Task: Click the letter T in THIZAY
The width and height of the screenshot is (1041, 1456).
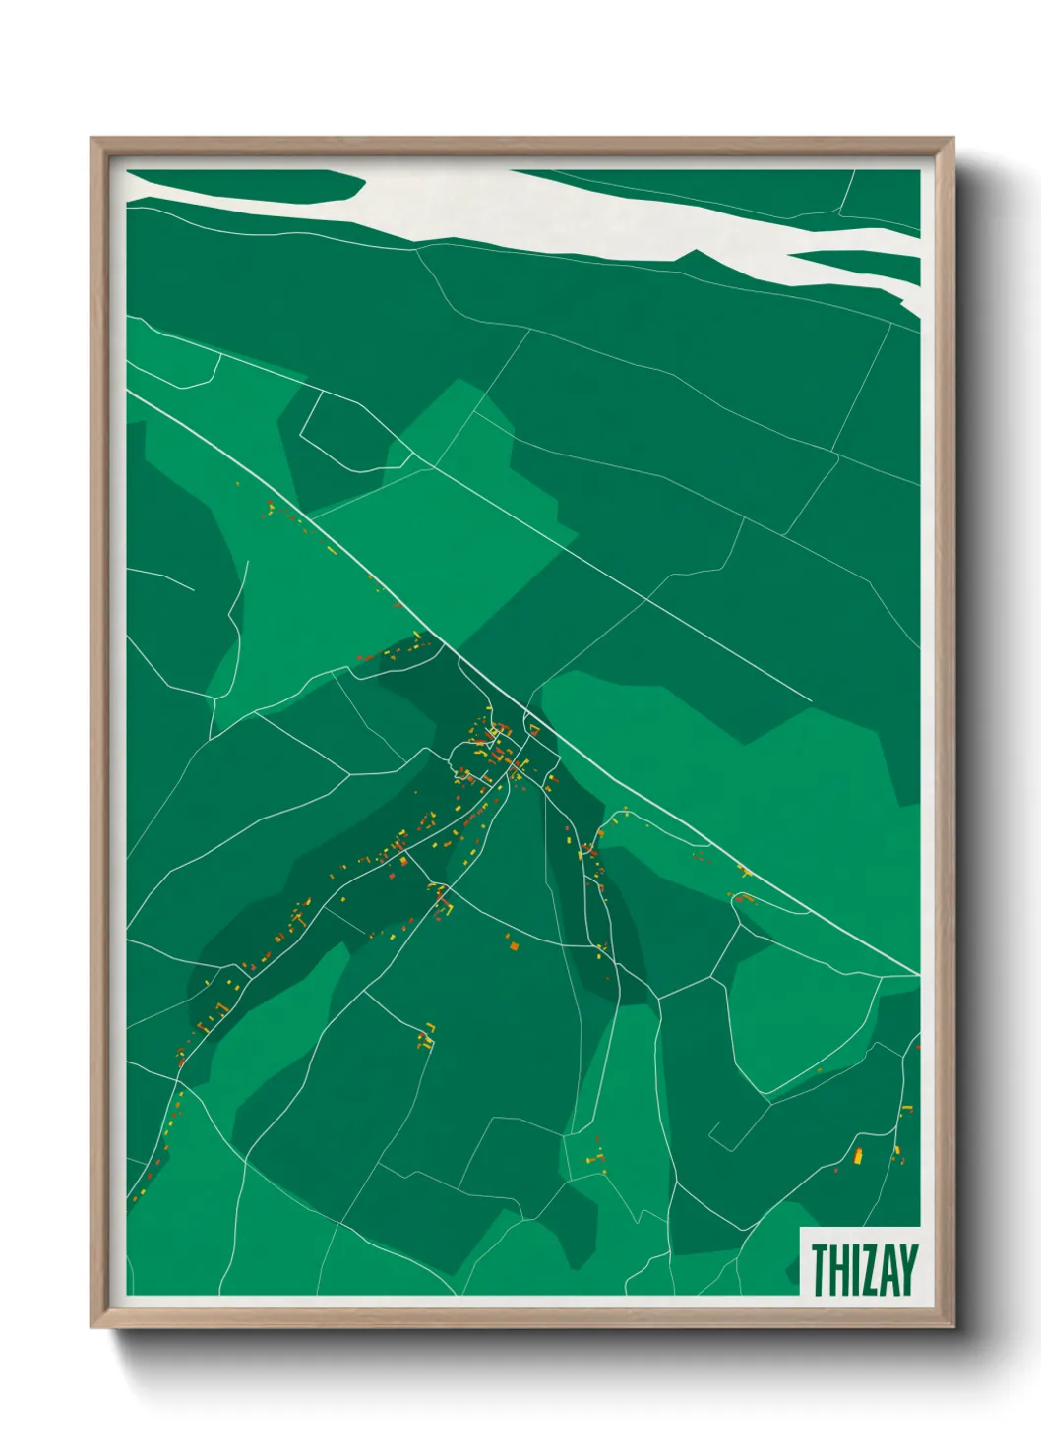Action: (x=819, y=1270)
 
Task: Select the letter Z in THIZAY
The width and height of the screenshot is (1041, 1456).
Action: (x=870, y=1270)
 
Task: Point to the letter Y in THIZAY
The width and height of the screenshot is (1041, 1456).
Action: (x=907, y=1270)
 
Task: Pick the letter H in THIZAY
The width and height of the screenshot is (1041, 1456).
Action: (x=838, y=1270)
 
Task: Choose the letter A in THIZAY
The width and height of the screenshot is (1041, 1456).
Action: (x=888, y=1270)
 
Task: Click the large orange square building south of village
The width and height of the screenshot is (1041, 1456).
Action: (x=513, y=946)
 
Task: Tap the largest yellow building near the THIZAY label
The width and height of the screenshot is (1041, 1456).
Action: (x=858, y=1154)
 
